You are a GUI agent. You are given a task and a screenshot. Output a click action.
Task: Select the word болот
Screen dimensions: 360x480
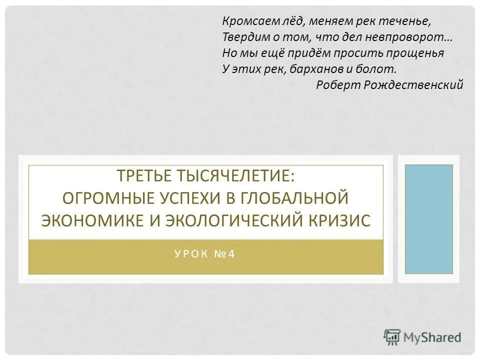(378, 69)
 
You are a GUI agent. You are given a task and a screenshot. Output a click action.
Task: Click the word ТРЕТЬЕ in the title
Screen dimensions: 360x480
(143, 176)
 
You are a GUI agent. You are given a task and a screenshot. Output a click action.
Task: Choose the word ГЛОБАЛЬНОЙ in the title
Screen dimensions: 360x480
(290, 198)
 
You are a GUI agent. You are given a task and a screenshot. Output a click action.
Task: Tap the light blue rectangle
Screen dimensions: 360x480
(428, 219)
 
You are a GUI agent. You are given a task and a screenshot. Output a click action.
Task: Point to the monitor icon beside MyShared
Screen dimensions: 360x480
(392, 337)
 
